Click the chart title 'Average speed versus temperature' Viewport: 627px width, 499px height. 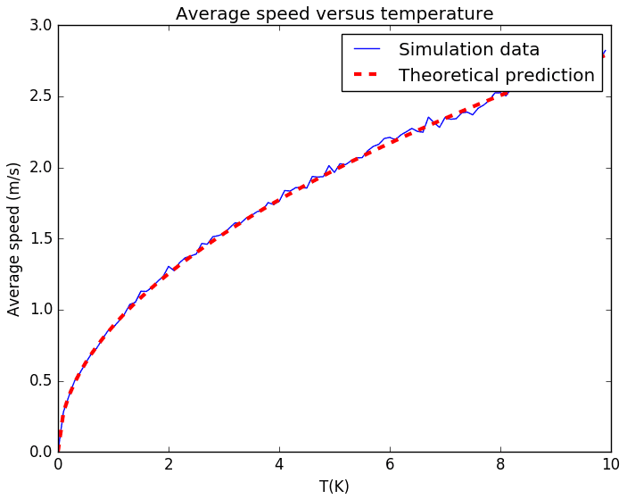click(334, 13)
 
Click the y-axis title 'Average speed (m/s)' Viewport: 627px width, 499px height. click(14, 238)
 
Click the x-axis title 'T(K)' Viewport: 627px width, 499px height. click(334, 487)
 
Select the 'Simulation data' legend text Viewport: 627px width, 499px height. click(468, 50)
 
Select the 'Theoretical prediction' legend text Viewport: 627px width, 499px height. click(496, 75)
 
